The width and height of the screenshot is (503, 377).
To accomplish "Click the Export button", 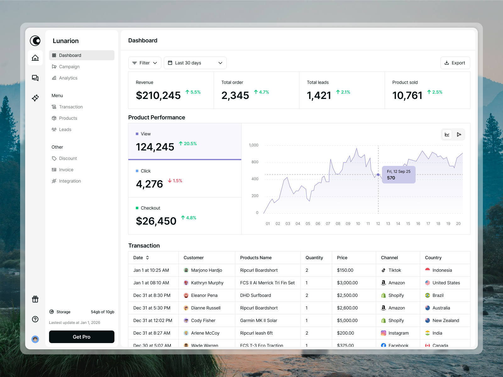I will [x=455, y=63].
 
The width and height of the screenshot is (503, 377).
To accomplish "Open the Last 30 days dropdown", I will [x=195, y=63].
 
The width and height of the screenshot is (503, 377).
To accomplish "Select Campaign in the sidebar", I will [x=69, y=67].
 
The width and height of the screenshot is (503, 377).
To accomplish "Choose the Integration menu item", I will [x=70, y=181].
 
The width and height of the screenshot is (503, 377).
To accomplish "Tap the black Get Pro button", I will [x=82, y=337].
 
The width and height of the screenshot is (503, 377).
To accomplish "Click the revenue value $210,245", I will [x=158, y=96].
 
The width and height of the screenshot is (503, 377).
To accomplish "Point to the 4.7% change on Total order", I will [x=262, y=92].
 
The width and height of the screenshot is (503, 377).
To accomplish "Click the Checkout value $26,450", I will [x=156, y=221].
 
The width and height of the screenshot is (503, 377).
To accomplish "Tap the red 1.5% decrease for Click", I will [x=175, y=181].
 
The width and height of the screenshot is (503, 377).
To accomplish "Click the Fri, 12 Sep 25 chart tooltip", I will [x=399, y=175].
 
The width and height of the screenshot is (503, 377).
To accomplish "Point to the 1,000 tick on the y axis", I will [x=253, y=145].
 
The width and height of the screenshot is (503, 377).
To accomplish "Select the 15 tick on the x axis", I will [x=408, y=224].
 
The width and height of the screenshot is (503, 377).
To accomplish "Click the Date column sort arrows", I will [x=147, y=258].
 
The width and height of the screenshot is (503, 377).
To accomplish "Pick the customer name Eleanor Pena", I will [x=204, y=295].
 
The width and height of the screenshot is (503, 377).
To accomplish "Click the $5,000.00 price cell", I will [x=347, y=320].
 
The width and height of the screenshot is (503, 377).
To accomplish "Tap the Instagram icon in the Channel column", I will [x=384, y=333].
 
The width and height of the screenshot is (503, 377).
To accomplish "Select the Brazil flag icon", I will [x=428, y=295].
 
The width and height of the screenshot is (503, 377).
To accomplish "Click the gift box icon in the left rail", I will [x=35, y=299].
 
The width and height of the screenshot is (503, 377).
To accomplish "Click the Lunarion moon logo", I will [x=35, y=41].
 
